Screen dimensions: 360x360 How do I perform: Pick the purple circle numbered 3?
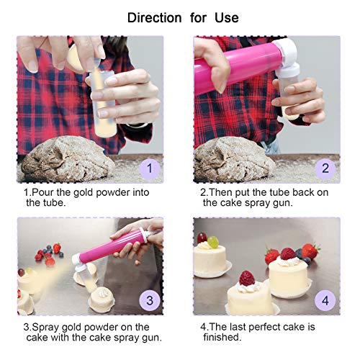pyautogui.click(x=149, y=299)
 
